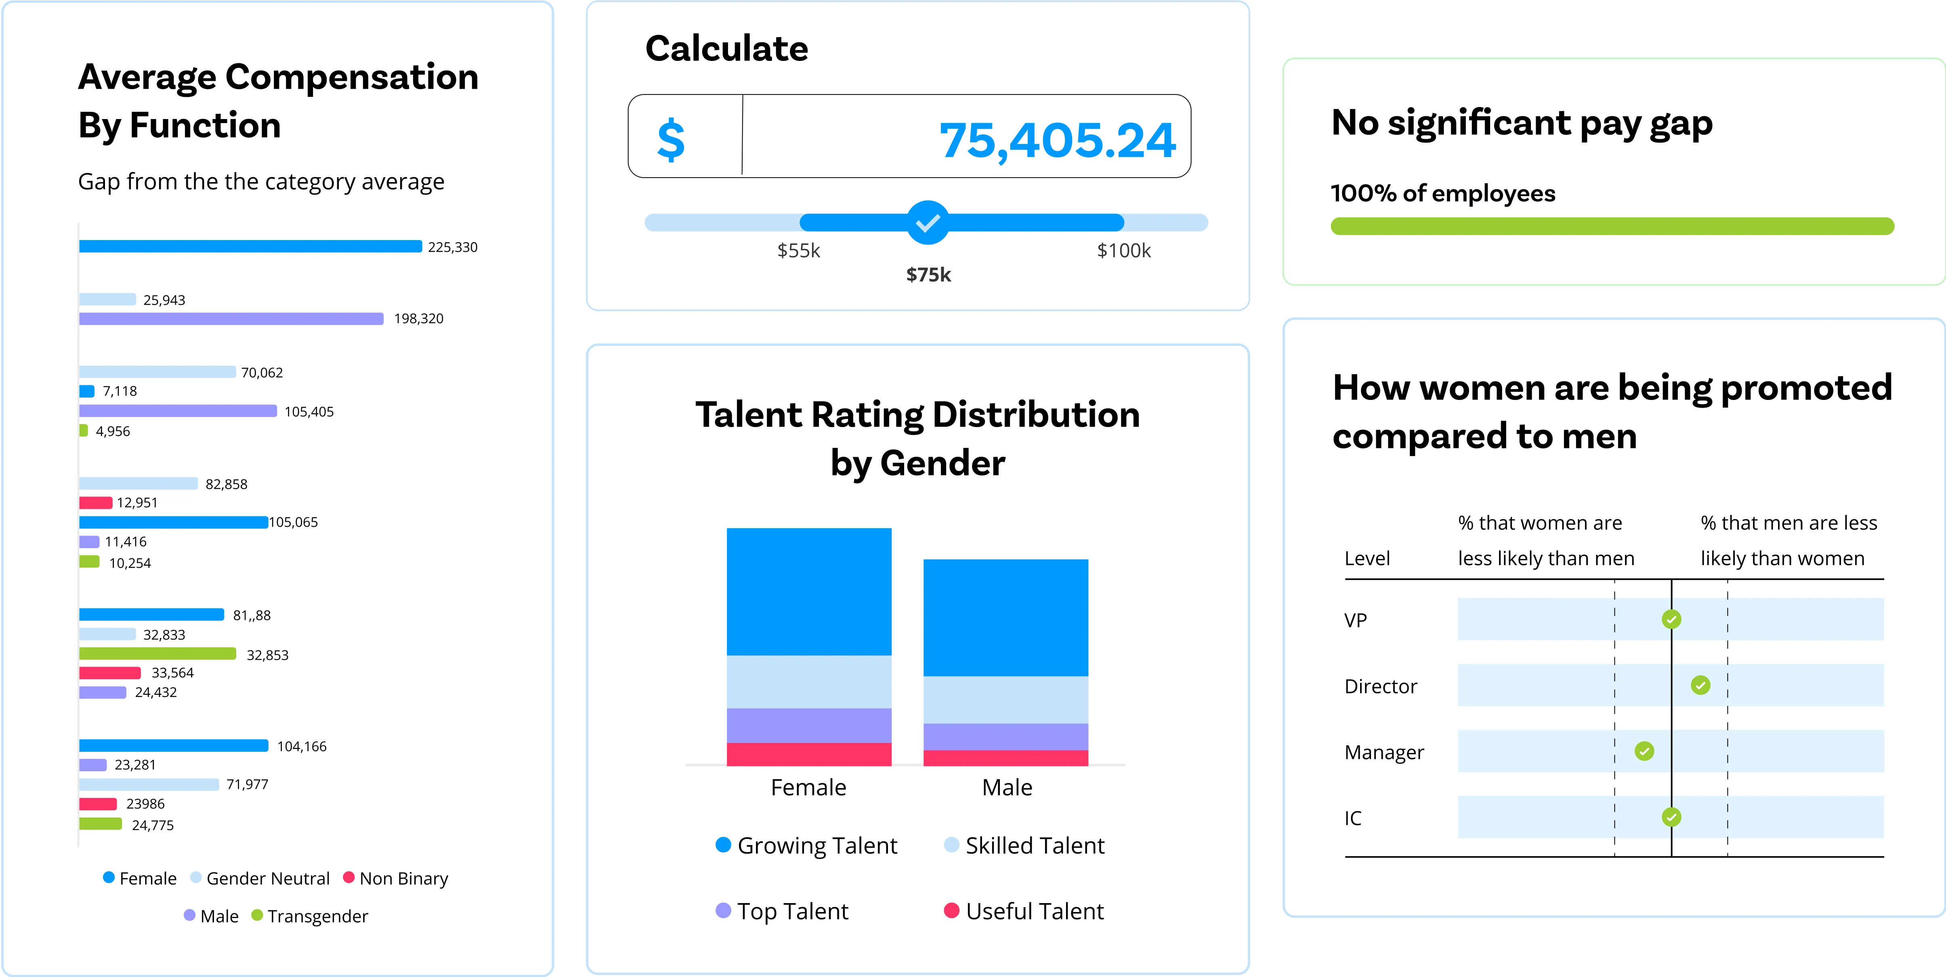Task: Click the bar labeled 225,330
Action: (250, 246)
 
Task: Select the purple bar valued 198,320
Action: (231, 319)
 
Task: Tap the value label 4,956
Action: (113, 431)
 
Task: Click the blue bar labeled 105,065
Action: (173, 522)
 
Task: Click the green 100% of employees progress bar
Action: (1612, 226)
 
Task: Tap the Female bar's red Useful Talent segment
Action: (809, 754)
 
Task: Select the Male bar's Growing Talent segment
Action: (1006, 617)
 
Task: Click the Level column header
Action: (1367, 559)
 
